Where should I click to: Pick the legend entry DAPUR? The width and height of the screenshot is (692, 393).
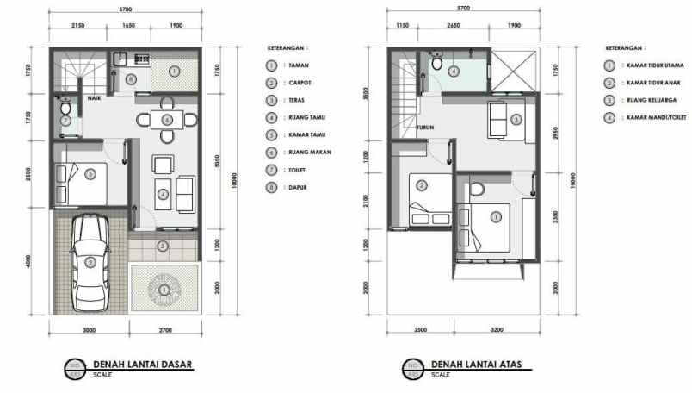[300, 186]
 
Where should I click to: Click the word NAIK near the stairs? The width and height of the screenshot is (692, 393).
[94, 98]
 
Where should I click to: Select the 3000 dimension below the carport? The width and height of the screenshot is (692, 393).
[88, 329]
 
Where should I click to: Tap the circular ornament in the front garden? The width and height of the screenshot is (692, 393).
[164, 290]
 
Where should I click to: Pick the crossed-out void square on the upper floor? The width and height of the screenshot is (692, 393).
[517, 66]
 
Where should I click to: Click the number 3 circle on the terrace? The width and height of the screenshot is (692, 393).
[164, 246]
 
